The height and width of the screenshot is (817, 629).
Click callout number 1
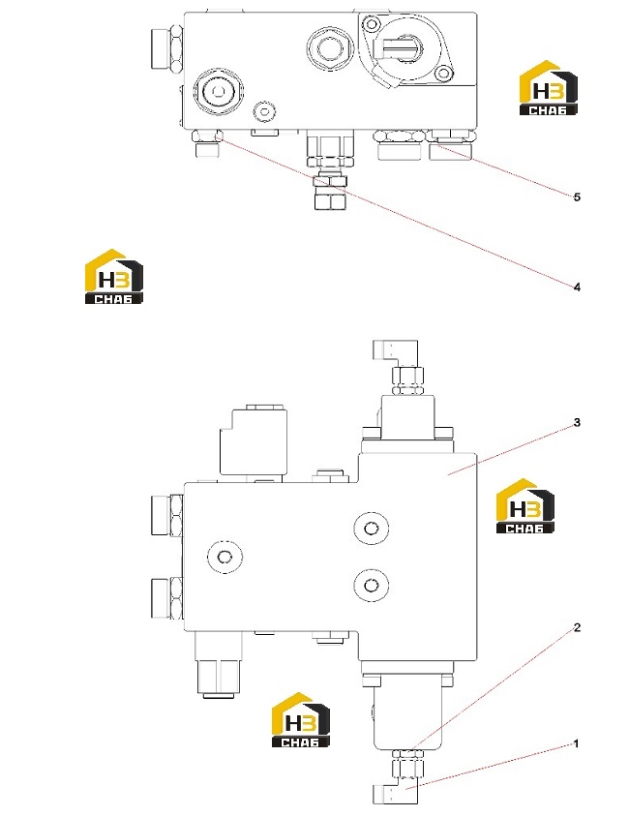[x=576, y=743]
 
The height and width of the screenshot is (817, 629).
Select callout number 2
[x=577, y=627]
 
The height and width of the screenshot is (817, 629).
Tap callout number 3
[x=577, y=422]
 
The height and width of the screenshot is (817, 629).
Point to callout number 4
[x=577, y=287]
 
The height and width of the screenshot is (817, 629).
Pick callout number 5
[x=577, y=197]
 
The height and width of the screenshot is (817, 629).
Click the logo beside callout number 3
[x=524, y=505]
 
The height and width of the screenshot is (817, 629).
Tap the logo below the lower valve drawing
[x=301, y=719]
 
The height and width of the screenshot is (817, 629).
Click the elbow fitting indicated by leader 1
[x=396, y=793]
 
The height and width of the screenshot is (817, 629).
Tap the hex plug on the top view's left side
[x=166, y=48]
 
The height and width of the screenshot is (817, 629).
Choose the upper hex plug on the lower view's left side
[x=166, y=515]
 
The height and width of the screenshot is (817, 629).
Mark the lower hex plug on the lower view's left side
[x=166, y=597]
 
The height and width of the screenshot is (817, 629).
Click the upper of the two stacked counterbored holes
[x=371, y=529]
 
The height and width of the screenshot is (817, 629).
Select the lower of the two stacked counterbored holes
[x=371, y=585]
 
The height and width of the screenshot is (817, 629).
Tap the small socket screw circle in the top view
[x=264, y=111]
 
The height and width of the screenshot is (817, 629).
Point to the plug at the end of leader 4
[x=207, y=144]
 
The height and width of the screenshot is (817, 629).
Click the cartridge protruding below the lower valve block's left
[x=219, y=664]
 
